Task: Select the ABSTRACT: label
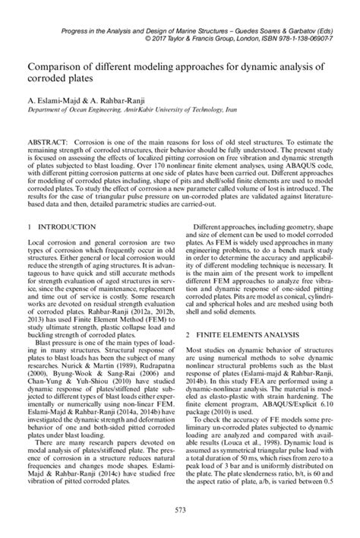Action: point(49,142)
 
